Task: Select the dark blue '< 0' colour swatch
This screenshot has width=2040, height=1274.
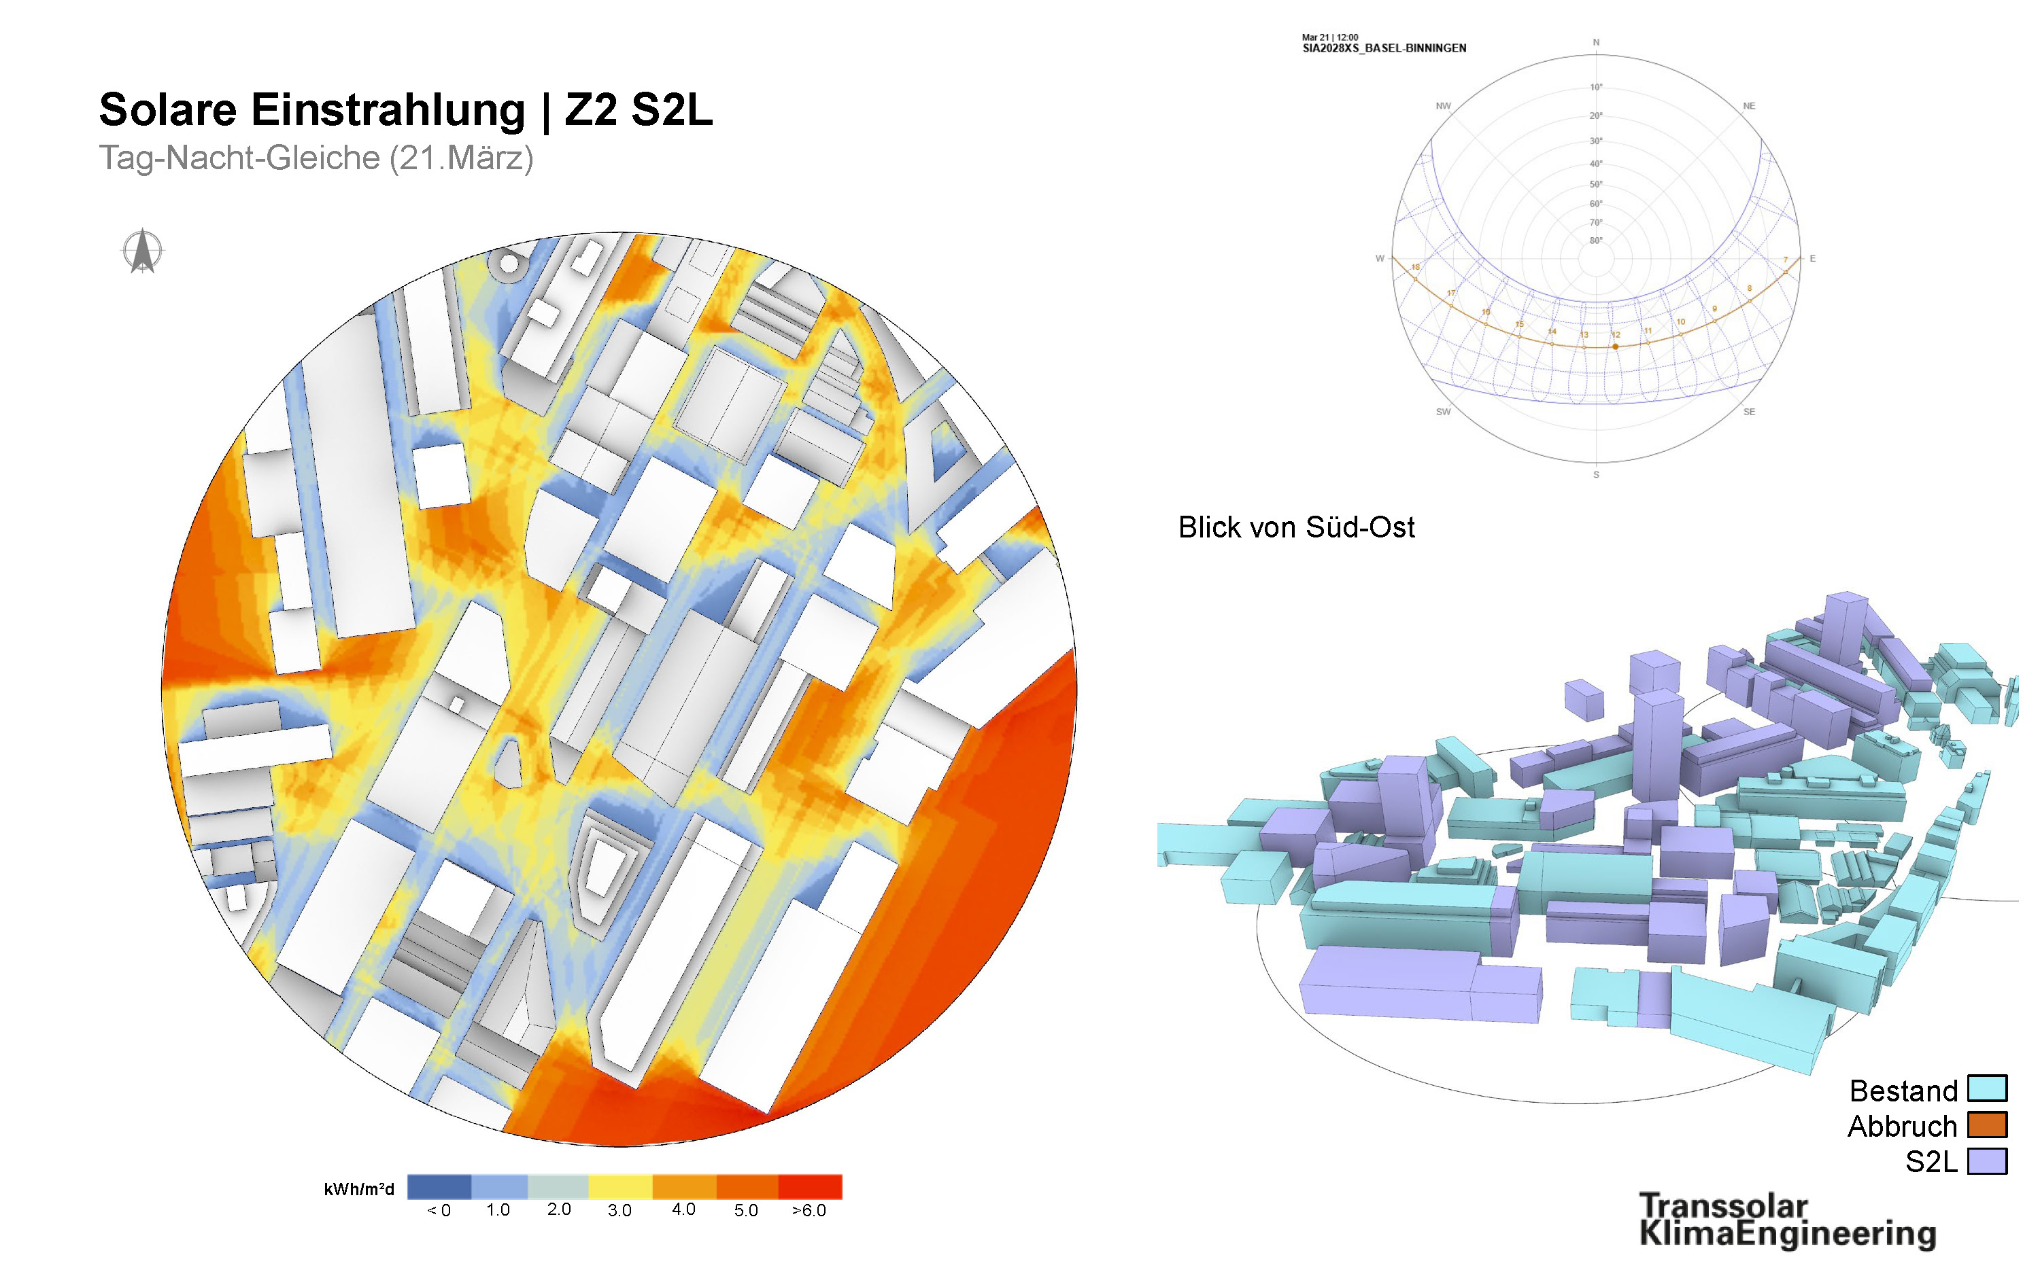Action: tap(439, 1186)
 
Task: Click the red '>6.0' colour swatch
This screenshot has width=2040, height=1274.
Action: tap(809, 1186)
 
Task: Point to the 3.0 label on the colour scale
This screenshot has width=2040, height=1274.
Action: tap(619, 1211)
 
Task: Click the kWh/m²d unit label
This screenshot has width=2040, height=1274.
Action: tap(358, 1189)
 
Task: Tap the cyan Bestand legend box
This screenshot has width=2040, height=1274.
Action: tap(1987, 1088)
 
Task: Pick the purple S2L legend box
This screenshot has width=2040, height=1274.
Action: tap(1987, 1161)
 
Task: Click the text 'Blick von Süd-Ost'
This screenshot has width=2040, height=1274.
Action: tap(1295, 527)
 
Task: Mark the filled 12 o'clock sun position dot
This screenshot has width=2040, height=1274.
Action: tap(1615, 347)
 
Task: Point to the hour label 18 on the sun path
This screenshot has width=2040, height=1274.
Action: tap(1415, 267)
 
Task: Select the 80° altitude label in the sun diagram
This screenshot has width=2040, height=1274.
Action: tap(1596, 241)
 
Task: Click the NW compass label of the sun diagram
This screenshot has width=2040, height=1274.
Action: tap(1443, 106)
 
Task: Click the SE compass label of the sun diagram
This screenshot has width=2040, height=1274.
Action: tap(1749, 412)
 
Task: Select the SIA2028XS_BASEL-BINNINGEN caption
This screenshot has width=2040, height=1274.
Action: tap(1384, 49)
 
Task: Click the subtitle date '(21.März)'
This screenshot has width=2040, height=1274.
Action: tap(461, 158)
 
